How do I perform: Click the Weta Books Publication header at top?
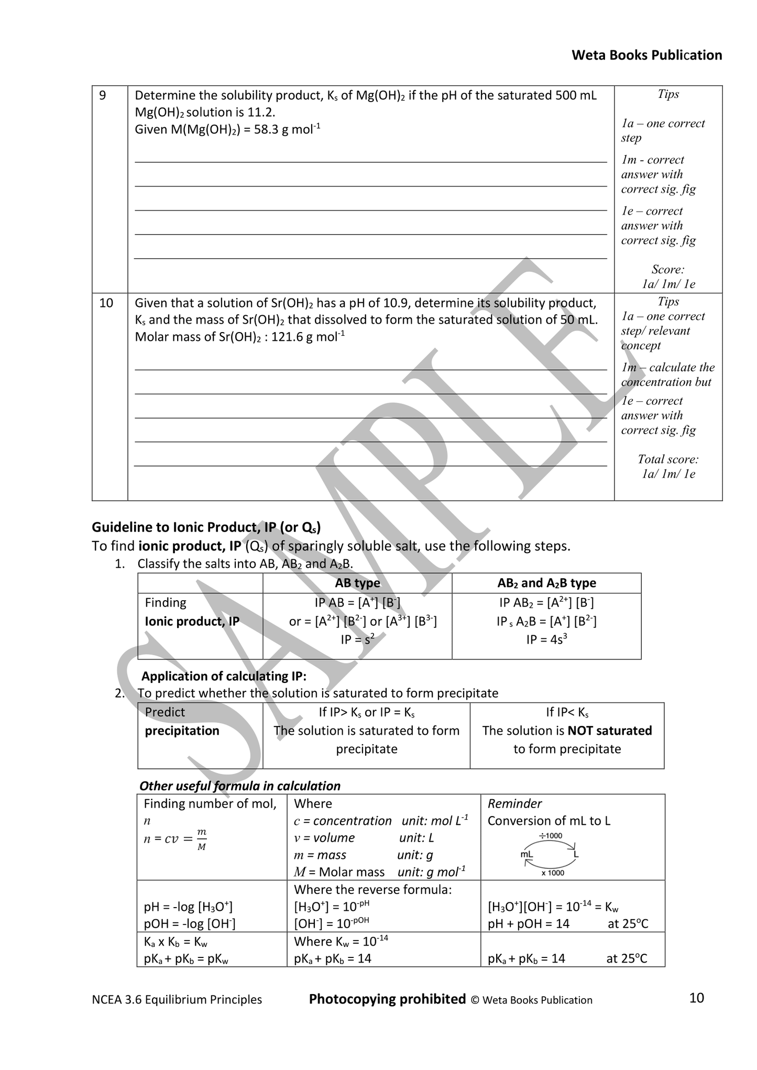(646, 55)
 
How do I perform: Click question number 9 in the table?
(103, 95)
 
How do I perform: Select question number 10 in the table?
(106, 303)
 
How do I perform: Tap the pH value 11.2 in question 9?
(262, 112)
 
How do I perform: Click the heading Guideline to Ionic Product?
(206, 527)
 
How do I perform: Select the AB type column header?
(357, 583)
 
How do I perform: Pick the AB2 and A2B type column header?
(546, 583)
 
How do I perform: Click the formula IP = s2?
(357, 639)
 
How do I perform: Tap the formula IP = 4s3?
(546, 639)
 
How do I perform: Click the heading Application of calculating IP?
(224, 676)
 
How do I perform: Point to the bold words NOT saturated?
(610, 731)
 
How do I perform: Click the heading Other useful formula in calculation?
(239, 786)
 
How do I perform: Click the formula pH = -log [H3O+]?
(188, 907)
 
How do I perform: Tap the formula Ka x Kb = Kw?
(175, 942)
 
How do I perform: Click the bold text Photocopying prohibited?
(387, 999)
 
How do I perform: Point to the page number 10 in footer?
(696, 998)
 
